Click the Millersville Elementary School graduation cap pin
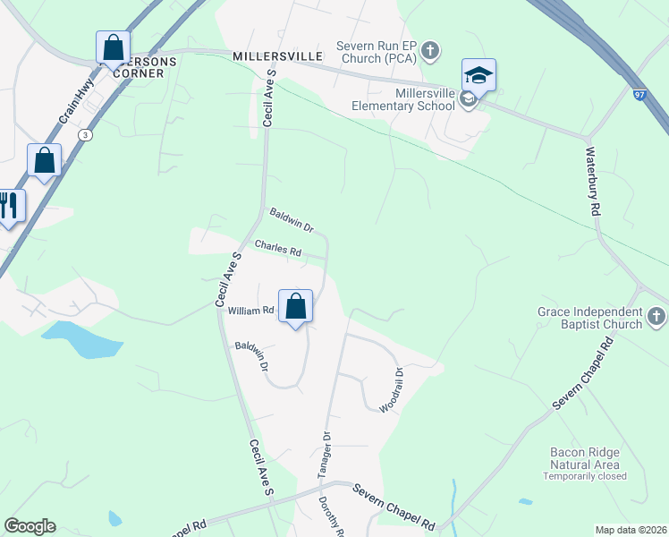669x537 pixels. point(478,76)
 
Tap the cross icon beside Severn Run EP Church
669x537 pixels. point(430,50)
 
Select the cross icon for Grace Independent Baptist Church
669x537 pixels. point(656,317)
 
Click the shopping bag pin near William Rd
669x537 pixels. point(295,307)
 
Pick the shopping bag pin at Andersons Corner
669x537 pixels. point(113,48)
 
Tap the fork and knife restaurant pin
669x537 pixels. point(8,206)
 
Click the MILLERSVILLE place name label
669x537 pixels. point(276,55)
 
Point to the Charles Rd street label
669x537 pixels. point(277,247)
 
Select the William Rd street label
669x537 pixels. point(250,311)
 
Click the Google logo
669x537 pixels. point(30,526)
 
